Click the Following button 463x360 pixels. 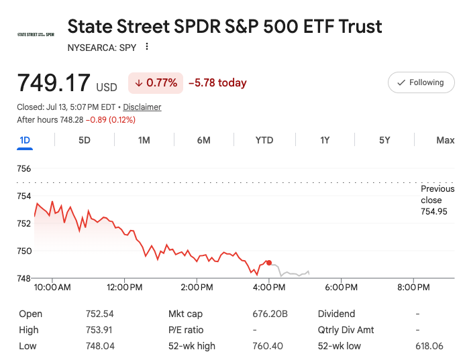pos(421,82)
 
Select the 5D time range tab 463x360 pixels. pos(85,140)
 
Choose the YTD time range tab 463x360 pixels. pos(264,140)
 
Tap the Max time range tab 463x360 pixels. pos(446,140)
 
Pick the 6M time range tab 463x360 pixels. pos(204,140)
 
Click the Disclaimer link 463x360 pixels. pos(142,107)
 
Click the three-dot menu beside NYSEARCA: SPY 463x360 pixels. pos(147,47)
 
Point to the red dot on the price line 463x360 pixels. pos(269,263)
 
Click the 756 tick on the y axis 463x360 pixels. pos(24,169)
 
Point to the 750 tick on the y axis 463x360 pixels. pos(24,251)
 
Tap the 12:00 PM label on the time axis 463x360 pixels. pos(124,287)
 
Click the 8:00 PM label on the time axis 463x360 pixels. pos(413,287)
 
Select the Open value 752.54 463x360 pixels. pos(99,314)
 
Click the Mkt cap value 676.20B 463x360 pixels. pos(270,314)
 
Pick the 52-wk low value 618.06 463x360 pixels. pos(429,346)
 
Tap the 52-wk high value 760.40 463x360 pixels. pos(268,346)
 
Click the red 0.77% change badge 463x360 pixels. pos(156,83)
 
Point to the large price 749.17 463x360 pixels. pos(54,82)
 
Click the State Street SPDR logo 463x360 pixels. pos(36,34)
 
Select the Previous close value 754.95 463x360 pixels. pos(433,212)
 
